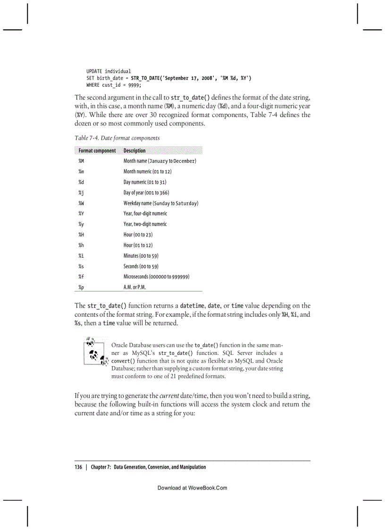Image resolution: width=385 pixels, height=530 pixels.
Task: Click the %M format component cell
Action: (81, 161)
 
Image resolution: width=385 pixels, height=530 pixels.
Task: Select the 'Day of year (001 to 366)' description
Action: (146, 193)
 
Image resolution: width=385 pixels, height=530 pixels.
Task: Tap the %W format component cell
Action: (81, 203)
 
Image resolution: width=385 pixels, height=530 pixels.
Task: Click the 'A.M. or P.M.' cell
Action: (134, 287)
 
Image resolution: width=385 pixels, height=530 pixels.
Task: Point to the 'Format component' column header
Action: (97, 151)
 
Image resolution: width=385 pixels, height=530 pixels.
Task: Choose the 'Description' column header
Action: (134, 151)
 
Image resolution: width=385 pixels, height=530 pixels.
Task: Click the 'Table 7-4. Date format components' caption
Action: (117, 138)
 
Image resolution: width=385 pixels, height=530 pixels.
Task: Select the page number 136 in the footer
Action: (78, 467)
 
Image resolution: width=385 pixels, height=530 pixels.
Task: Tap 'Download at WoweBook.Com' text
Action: (192, 488)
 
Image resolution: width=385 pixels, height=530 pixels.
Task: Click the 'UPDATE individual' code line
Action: (109, 71)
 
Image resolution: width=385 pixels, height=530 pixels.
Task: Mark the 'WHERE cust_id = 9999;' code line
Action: (114, 85)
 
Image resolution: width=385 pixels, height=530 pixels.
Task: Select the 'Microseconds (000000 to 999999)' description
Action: (156, 277)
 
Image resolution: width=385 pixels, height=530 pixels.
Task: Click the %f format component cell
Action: (81, 277)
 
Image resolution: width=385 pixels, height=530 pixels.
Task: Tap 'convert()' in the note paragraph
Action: (123, 361)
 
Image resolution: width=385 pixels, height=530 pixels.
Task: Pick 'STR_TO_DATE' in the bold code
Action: (146, 78)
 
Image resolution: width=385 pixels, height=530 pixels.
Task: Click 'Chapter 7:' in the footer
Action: (101, 467)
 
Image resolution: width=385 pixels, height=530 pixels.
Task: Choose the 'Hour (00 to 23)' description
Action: (138, 235)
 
